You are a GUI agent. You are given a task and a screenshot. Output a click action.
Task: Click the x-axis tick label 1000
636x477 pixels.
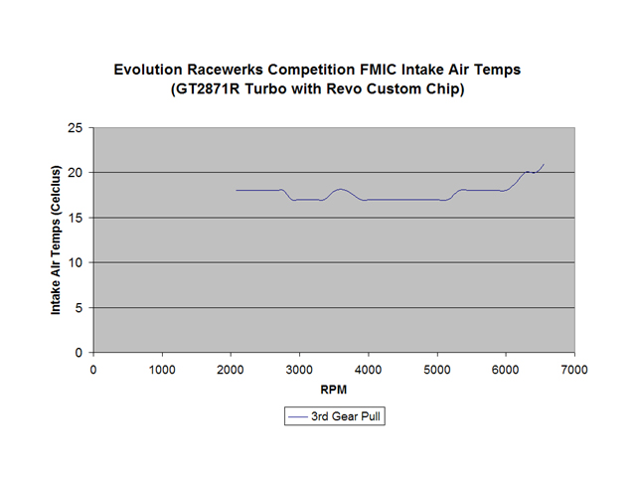coord(162,370)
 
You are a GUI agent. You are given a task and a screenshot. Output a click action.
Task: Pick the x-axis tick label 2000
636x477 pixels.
coord(231,370)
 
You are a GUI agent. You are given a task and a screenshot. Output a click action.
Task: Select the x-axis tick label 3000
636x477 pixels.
coord(299,370)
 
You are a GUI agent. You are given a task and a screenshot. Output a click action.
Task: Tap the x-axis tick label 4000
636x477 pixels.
coord(368,370)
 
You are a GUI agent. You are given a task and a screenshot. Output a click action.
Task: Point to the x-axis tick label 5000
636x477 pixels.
coord(437,370)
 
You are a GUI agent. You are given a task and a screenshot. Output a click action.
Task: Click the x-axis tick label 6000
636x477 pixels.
coord(506,370)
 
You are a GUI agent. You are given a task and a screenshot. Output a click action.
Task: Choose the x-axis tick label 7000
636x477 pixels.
coord(574,370)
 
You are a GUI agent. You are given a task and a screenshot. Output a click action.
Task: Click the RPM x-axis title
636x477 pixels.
coord(334,391)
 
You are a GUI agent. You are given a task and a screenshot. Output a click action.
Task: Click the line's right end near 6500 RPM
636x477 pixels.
coord(544,164)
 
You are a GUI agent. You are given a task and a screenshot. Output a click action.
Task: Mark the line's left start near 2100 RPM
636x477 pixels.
coord(237,190)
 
